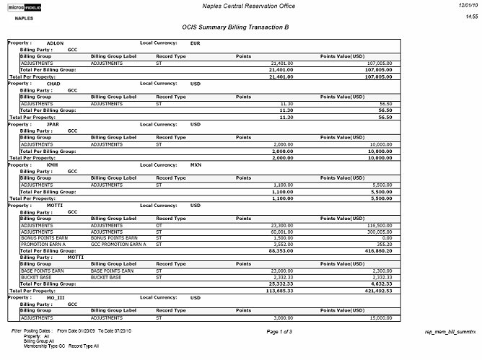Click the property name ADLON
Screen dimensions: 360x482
pyautogui.click(x=55, y=43)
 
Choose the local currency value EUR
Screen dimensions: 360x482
pyautogui.click(x=195, y=43)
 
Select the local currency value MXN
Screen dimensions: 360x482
pyautogui.click(x=195, y=164)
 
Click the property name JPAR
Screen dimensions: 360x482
pyautogui.click(x=53, y=124)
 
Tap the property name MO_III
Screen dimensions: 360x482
pyautogui.click(x=56, y=297)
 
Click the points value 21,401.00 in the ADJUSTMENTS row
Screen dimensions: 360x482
pyautogui.click(x=279, y=63)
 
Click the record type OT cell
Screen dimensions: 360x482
pyautogui.click(x=159, y=225)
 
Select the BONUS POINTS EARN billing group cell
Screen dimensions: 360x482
pyautogui.click(x=44, y=237)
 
